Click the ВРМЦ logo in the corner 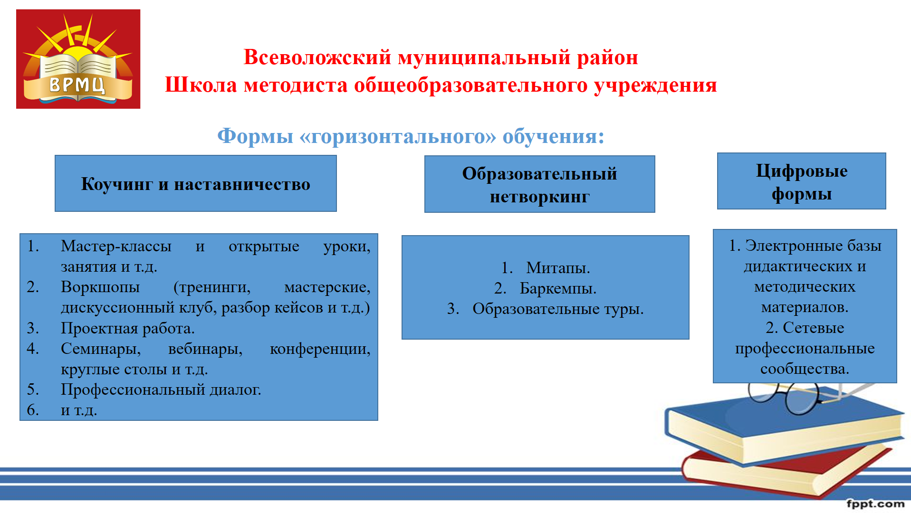coord(78,59)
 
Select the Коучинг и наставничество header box coord(196,183)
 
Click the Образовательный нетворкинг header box coord(540,184)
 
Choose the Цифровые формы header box coord(802,181)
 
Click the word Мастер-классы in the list coord(116,246)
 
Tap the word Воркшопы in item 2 coord(100,287)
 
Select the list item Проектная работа coord(128,328)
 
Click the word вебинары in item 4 coord(205,349)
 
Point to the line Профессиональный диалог coord(161,390)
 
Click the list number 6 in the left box coord(33,410)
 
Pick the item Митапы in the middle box coord(558,268)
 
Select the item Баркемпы coord(558,288)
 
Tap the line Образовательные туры coord(558,309)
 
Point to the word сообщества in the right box coord(805,369)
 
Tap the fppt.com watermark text coord(875,504)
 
